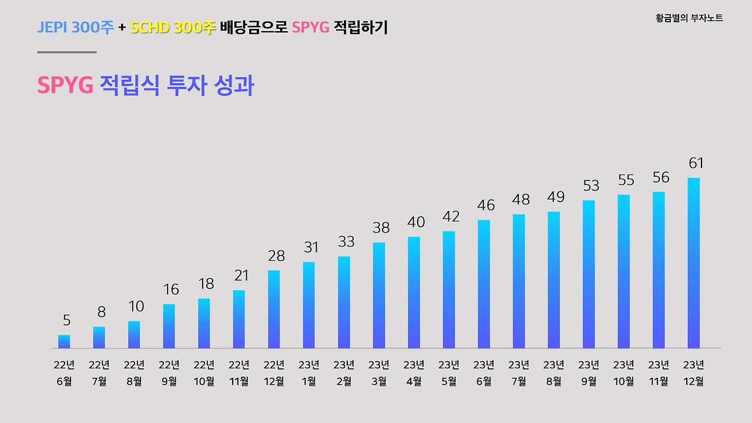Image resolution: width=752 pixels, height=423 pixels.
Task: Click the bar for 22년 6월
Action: tap(64, 342)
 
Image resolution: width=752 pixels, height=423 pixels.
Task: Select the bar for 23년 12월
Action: tap(694, 263)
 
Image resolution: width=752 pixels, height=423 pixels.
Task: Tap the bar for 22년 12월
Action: tap(274, 310)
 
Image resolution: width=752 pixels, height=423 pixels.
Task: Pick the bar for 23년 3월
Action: tap(379, 296)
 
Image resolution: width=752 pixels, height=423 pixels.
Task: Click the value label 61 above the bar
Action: tap(696, 163)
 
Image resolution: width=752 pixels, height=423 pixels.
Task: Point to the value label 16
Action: tap(171, 290)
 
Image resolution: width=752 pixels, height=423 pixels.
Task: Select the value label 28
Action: tap(276, 256)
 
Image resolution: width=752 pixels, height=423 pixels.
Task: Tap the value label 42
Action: tap(451, 217)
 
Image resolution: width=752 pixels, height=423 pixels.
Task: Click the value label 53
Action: tap(591, 186)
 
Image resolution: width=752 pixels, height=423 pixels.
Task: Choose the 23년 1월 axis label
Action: tap(309, 373)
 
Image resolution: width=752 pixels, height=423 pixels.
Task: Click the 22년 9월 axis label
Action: tap(169, 373)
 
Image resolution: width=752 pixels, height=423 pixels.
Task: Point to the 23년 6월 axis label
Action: tap(484, 373)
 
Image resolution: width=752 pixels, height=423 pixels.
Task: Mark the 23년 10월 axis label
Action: tap(624, 373)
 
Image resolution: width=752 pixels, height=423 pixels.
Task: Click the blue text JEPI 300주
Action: tap(75, 28)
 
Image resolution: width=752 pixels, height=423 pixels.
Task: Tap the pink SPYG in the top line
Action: tap(310, 28)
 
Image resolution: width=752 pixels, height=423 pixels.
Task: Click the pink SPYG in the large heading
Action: tap(65, 86)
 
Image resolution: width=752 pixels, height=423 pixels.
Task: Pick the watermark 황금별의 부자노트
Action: tap(689, 18)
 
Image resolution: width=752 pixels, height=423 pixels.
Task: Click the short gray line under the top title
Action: tap(67, 52)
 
